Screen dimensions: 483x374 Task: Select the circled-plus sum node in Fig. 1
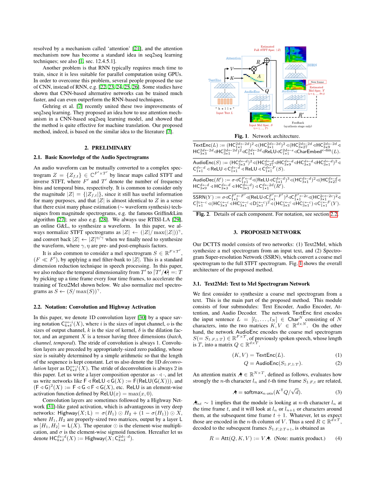coord(267,60)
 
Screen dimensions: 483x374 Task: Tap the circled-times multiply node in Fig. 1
coord(248,68)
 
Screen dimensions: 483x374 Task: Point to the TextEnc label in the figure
coord(214,80)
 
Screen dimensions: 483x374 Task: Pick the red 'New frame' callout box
coord(317,82)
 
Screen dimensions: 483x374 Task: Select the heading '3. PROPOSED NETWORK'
coord(267,232)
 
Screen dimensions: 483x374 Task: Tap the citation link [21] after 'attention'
coord(137,48)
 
